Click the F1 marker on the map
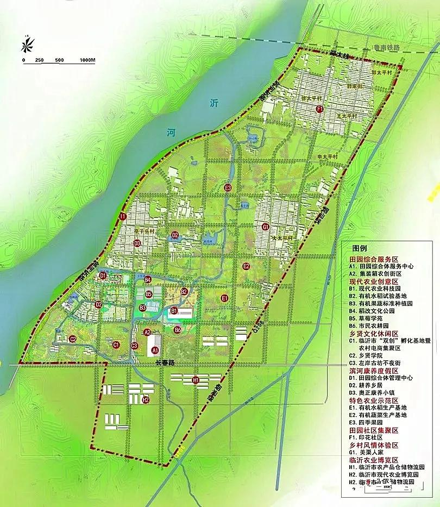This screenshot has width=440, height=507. (320, 109)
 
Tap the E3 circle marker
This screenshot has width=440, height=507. (228, 188)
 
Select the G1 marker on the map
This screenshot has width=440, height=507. (266, 227)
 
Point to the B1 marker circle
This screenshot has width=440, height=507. (174, 311)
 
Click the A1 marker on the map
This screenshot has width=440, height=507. (155, 350)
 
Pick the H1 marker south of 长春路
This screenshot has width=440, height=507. (196, 380)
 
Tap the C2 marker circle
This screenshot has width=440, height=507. (73, 339)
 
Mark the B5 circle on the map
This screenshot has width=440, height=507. (149, 294)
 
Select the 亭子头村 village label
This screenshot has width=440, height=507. (143, 231)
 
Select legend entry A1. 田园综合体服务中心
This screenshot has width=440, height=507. (382, 267)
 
